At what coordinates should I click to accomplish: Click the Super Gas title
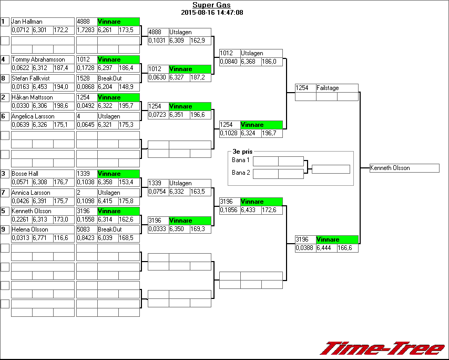pyautogui.click(x=211, y=5)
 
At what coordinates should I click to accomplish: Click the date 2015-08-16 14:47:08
pyautogui.click(x=211, y=12)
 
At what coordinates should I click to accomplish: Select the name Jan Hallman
pyautogui.click(x=27, y=22)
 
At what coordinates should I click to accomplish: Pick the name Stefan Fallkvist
pyautogui.click(x=30, y=78)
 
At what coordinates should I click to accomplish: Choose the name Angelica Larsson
pyautogui.click(x=33, y=116)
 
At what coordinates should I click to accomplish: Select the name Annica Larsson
pyautogui.click(x=31, y=193)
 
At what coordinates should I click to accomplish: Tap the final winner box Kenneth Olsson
pyautogui.click(x=404, y=168)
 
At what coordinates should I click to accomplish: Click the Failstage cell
pyautogui.click(x=336, y=88)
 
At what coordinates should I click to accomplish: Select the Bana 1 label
pyautogui.click(x=241, y=160)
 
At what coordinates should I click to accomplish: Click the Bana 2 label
pyautogui.click(x=241, y=173)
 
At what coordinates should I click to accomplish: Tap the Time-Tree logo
pyautogui.click(x=382, y=348)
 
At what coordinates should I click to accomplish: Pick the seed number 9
pyautogui.click(x=4, y=229)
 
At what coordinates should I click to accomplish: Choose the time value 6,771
pyautogui.click(x=43, y=238)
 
